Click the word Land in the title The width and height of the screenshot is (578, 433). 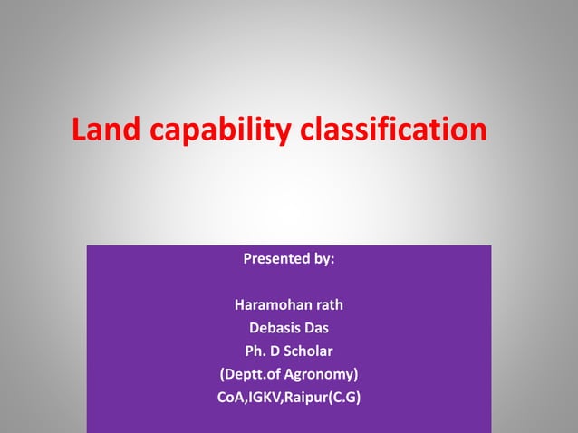pos(104,130)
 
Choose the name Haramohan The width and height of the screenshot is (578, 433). pos(275,304)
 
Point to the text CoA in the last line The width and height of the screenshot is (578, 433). pos(232,396)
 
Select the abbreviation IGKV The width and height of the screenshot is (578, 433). pos(270,396)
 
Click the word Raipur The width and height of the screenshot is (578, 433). pos(313,396)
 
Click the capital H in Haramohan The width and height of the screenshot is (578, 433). pos(239,304)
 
